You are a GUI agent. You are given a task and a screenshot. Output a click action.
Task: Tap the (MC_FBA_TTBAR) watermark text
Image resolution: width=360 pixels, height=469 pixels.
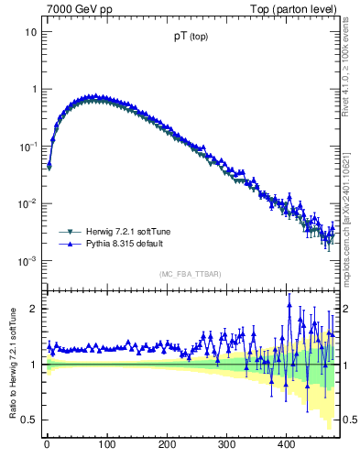pyautogui.click(x=190, y=275)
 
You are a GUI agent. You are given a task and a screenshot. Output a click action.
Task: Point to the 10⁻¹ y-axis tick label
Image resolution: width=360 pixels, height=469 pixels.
pyautogui.click(x=28, y=147)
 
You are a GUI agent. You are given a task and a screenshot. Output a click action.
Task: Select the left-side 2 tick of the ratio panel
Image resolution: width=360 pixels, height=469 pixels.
pyautogui.click(x=33, y=309)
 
